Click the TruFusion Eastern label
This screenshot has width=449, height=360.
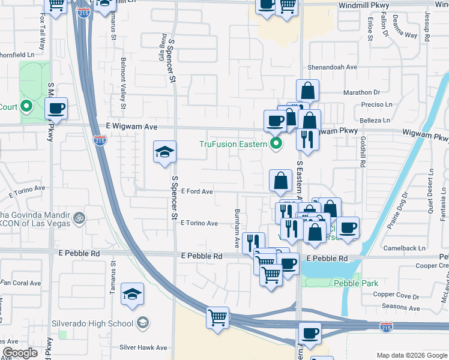233,144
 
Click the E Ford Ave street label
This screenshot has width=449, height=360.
197,192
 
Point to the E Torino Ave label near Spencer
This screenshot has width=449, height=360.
199,223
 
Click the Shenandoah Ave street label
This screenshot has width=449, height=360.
333,68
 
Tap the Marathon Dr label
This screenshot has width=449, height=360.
362,92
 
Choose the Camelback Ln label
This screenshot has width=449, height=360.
406,248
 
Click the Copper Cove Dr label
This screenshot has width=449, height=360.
396,296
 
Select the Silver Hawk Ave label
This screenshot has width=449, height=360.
143,347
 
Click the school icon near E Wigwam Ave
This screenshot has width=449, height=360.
164,152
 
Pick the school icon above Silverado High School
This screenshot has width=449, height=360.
132,293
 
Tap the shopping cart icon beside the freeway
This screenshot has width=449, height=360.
217,317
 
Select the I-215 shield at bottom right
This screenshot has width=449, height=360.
387,326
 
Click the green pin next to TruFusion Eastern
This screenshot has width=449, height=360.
276,143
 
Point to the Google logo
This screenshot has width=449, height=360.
20,353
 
